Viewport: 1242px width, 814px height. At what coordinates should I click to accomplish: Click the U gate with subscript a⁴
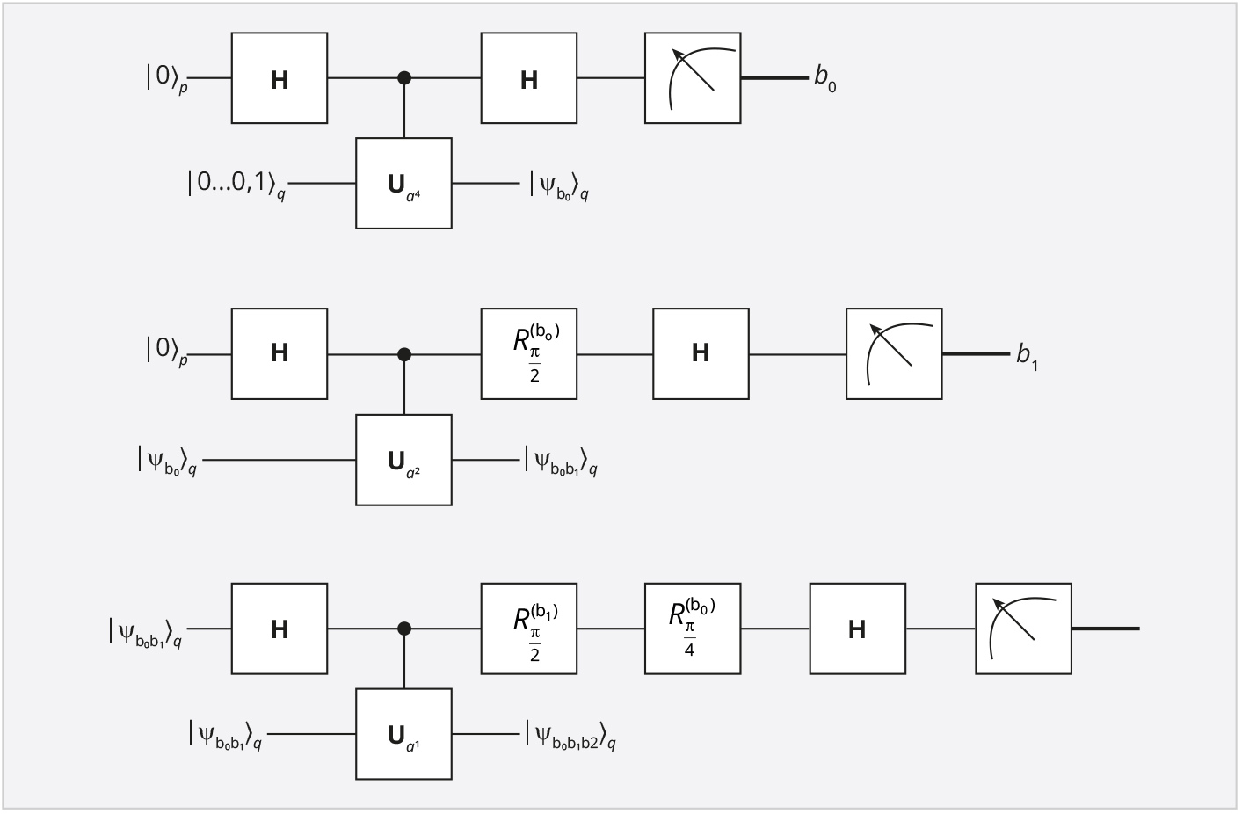pyautogui.click(x=403, y=183)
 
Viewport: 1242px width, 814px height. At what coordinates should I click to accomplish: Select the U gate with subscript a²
pyautogui.click(x=403, y=460)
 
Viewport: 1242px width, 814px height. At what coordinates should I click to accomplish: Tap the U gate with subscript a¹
pyautogui.click(x=403, y=734)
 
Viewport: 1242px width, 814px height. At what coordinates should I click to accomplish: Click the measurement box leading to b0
pyautogui.click(x=693, y=77)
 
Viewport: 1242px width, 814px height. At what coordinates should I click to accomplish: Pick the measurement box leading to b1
pyautogui.click(x=894, y=353)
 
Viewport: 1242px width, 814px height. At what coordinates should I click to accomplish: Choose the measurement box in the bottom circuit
pyautogui.click(x=1023, y=629)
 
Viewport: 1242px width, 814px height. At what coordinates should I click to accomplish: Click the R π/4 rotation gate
pyautogui.click(x=693, y=629)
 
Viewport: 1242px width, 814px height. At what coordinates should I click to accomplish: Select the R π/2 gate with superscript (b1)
pyautogui.click(x=529, y=629)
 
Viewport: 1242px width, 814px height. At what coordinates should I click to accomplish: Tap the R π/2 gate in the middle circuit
pyautogui.click(x=529, y=353)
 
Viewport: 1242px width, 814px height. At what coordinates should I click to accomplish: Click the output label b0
pyautogui.click(x=825, y=78)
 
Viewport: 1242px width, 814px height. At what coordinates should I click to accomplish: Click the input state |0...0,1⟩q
pyautogui.click(x=236, y=185)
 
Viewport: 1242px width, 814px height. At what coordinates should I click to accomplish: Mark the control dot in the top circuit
pyautogui.click(x=404, y=78)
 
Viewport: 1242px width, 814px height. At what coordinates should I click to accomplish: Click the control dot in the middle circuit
pyautogui.click(x=404, y=354)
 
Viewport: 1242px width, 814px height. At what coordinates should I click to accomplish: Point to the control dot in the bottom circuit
pyautogui.click(x=404, y=629)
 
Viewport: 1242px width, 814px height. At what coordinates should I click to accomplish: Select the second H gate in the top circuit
pyautogui.click(x=529, y=77)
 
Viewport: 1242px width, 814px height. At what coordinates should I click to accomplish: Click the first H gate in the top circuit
pyautogui.click(x=280, y=77)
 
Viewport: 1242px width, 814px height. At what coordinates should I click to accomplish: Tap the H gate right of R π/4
pyautogui.click(x=858, y=629)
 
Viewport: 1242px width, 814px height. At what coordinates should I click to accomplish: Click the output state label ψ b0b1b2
pyautogui.click(x=571, y=736)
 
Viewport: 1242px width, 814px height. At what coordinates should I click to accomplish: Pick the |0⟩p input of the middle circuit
pyautogui.click(x=167, y=351)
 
